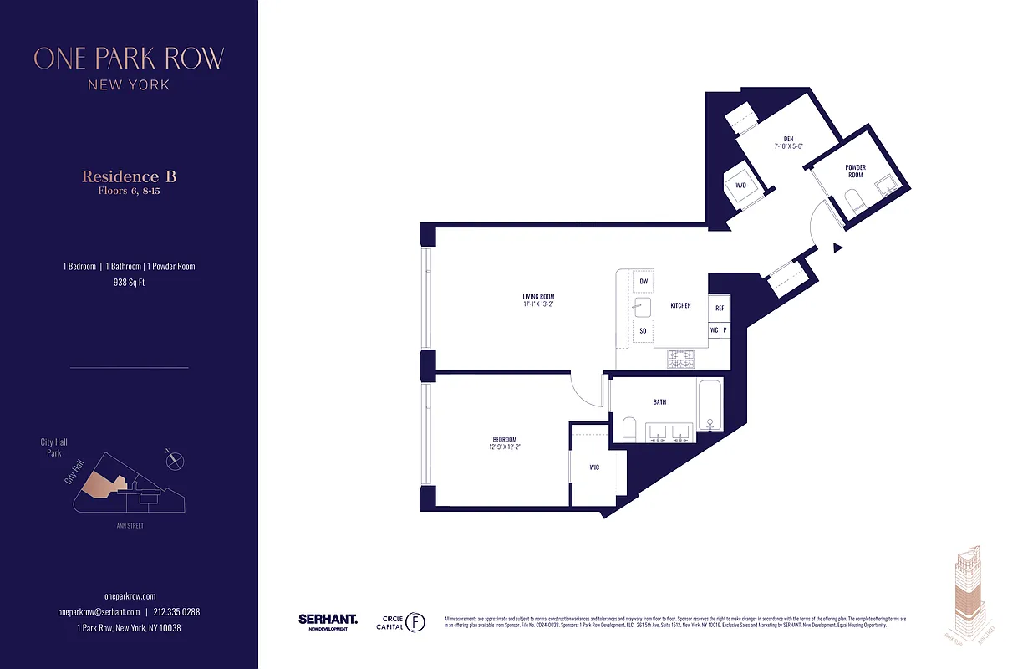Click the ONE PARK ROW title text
129,59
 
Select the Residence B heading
129,176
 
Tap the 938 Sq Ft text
129,283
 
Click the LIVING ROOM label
538,297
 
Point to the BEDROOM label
504,440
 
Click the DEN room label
787,139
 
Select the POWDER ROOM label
855,171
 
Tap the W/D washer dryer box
740,186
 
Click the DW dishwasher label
644,282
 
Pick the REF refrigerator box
719,308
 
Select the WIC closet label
593,467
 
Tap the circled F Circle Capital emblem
415,622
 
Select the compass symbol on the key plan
175,458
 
